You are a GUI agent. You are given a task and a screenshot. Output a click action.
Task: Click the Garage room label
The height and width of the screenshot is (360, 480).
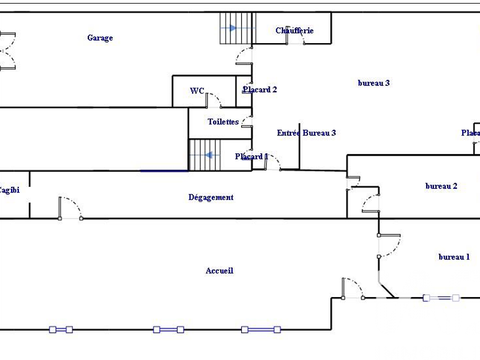tap(100, 38)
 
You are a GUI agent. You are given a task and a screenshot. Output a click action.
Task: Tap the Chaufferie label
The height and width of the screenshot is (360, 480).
tap(294, 31)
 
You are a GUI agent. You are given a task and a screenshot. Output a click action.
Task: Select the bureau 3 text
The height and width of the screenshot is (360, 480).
tap(373, 83)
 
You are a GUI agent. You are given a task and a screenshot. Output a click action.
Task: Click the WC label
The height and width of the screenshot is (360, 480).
tap(197, 91)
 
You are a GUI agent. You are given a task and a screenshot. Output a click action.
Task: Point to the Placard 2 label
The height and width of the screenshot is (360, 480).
tap(259, 90)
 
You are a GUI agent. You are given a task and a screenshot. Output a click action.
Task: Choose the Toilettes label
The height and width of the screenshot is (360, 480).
tap(223, 122)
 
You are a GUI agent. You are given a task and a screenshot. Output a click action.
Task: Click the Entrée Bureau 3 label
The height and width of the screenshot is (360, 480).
tap(306, 133)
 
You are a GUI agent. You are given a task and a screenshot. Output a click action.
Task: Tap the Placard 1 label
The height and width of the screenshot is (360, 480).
tap(252, 157)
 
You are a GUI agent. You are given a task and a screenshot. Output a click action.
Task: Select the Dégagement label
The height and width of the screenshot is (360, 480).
tap(211, 198)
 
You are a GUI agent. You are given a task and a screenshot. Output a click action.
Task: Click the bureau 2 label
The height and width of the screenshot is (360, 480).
tap(441, 186)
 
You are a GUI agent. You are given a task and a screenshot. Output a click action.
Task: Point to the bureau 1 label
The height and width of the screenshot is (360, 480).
tap(453, 257)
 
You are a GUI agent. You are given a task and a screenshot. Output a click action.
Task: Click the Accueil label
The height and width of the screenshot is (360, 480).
tap(219, 271)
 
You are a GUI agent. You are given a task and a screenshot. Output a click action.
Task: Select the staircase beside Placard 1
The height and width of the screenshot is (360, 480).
tap(204, 154)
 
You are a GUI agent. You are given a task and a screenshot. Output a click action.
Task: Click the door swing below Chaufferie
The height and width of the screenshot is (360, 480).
tap(243, 54)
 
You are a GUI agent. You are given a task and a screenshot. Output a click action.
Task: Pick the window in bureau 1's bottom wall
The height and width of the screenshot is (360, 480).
tap(441, 297)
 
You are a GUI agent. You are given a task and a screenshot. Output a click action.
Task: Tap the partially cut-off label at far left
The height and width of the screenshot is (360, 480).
tap(9, 189)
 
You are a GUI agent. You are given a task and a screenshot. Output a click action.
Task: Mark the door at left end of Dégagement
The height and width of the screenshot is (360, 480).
tap(69, 208)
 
